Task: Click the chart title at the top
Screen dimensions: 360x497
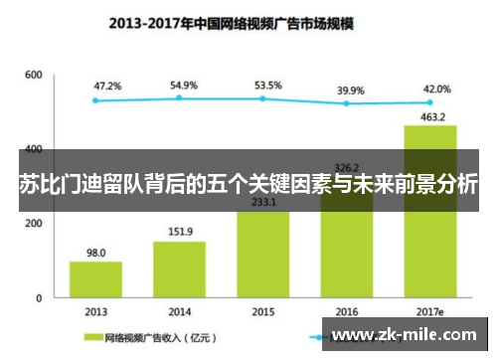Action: [x=248, y=19]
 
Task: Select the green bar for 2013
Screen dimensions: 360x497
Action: [x=95, y=279]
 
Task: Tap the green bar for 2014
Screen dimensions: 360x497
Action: [x=179, y=270]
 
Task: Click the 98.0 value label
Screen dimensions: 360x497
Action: [x=95, y=253]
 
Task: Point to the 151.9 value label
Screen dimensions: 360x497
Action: [x=179, y=233]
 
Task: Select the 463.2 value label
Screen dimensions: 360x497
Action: [x=429, y=116]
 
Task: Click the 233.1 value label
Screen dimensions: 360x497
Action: [x=263, y=202]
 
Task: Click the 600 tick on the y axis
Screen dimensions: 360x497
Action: [x=34, y=76]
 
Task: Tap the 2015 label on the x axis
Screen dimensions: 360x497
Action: [x=263, y=310]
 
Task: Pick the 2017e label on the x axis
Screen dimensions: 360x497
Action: [x=429, y=310]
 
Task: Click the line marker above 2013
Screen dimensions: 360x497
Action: [x=95, y=99]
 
